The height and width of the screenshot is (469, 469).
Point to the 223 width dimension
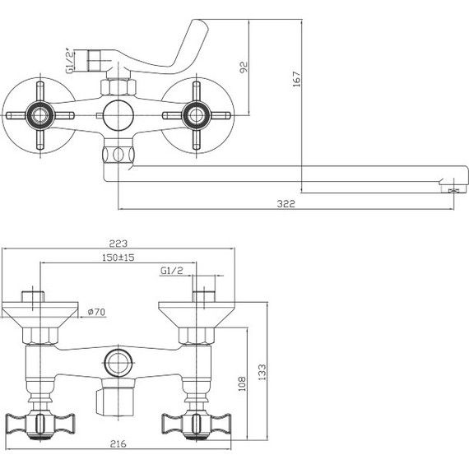[x=121, y=244]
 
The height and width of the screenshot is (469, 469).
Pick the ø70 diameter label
[x=95, y=313]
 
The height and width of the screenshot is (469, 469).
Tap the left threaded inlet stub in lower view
[x=33, y=295]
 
